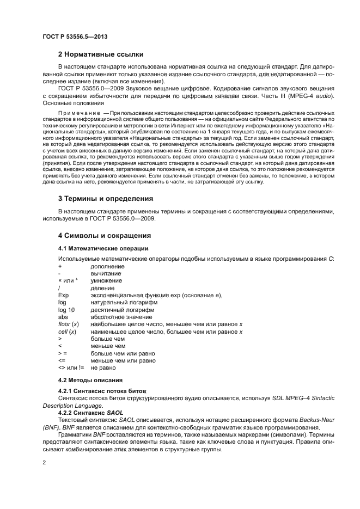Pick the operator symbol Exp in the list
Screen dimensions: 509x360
63,295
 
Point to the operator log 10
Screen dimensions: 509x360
66,309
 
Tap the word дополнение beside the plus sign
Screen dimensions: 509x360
108,266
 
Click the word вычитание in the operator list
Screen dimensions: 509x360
107,273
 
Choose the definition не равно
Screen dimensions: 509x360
103,367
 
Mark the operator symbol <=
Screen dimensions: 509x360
62,360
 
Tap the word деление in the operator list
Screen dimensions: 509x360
103,288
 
